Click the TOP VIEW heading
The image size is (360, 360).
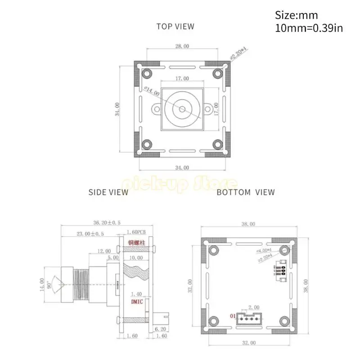pyautogui.click(x=175, y=26)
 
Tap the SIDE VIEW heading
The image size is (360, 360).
pyautogui.click(x=108, y=192)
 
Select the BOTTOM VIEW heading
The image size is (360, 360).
pyautogui.click(x=245, y=192)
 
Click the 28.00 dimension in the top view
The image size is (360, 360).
pyautogui.click(x=182, y=46)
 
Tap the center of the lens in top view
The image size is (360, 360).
pyautogui.click(x=182, y=109)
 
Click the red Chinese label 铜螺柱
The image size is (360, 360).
pyautogui.click(x=136, y=243)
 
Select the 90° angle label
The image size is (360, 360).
pyautogui.click(x=49, y=284)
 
